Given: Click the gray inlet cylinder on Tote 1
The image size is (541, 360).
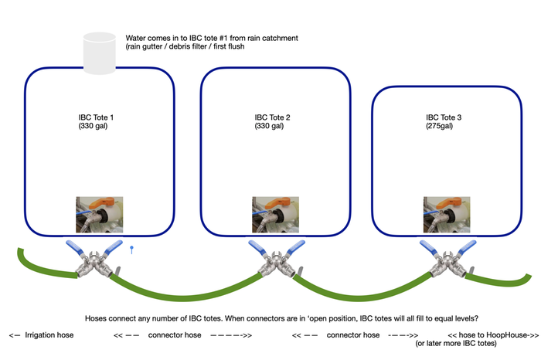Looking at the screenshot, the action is pos(100,53).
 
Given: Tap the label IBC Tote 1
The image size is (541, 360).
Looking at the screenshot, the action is pos(96,117).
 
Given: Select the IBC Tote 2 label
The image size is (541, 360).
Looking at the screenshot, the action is pos(272,117).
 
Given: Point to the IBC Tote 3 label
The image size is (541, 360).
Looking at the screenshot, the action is pos(444,117).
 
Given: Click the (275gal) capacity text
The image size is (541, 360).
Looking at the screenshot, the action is pos(439,126).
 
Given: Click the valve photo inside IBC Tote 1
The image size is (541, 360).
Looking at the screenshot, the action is pos(100,215).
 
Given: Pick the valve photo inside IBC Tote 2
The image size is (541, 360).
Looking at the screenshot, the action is pos(275,215).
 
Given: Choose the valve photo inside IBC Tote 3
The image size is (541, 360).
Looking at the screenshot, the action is pos(447,215).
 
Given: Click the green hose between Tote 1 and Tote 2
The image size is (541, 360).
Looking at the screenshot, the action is pos(185,297).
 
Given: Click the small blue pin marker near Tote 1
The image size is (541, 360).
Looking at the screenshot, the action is pos(131,250).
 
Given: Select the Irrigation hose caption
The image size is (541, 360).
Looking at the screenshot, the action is pos(49,335).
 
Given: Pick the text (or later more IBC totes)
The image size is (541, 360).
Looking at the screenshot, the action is pos(456,344).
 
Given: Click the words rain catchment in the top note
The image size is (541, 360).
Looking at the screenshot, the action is pos(273,38).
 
